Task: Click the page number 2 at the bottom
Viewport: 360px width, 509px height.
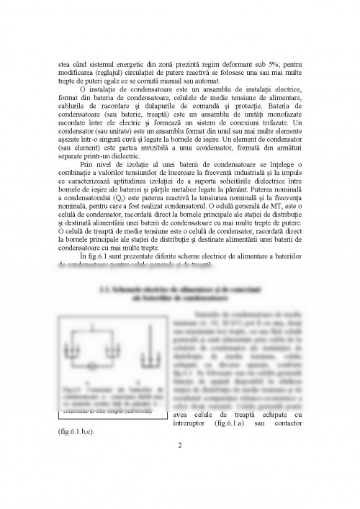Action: coord(181,444)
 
